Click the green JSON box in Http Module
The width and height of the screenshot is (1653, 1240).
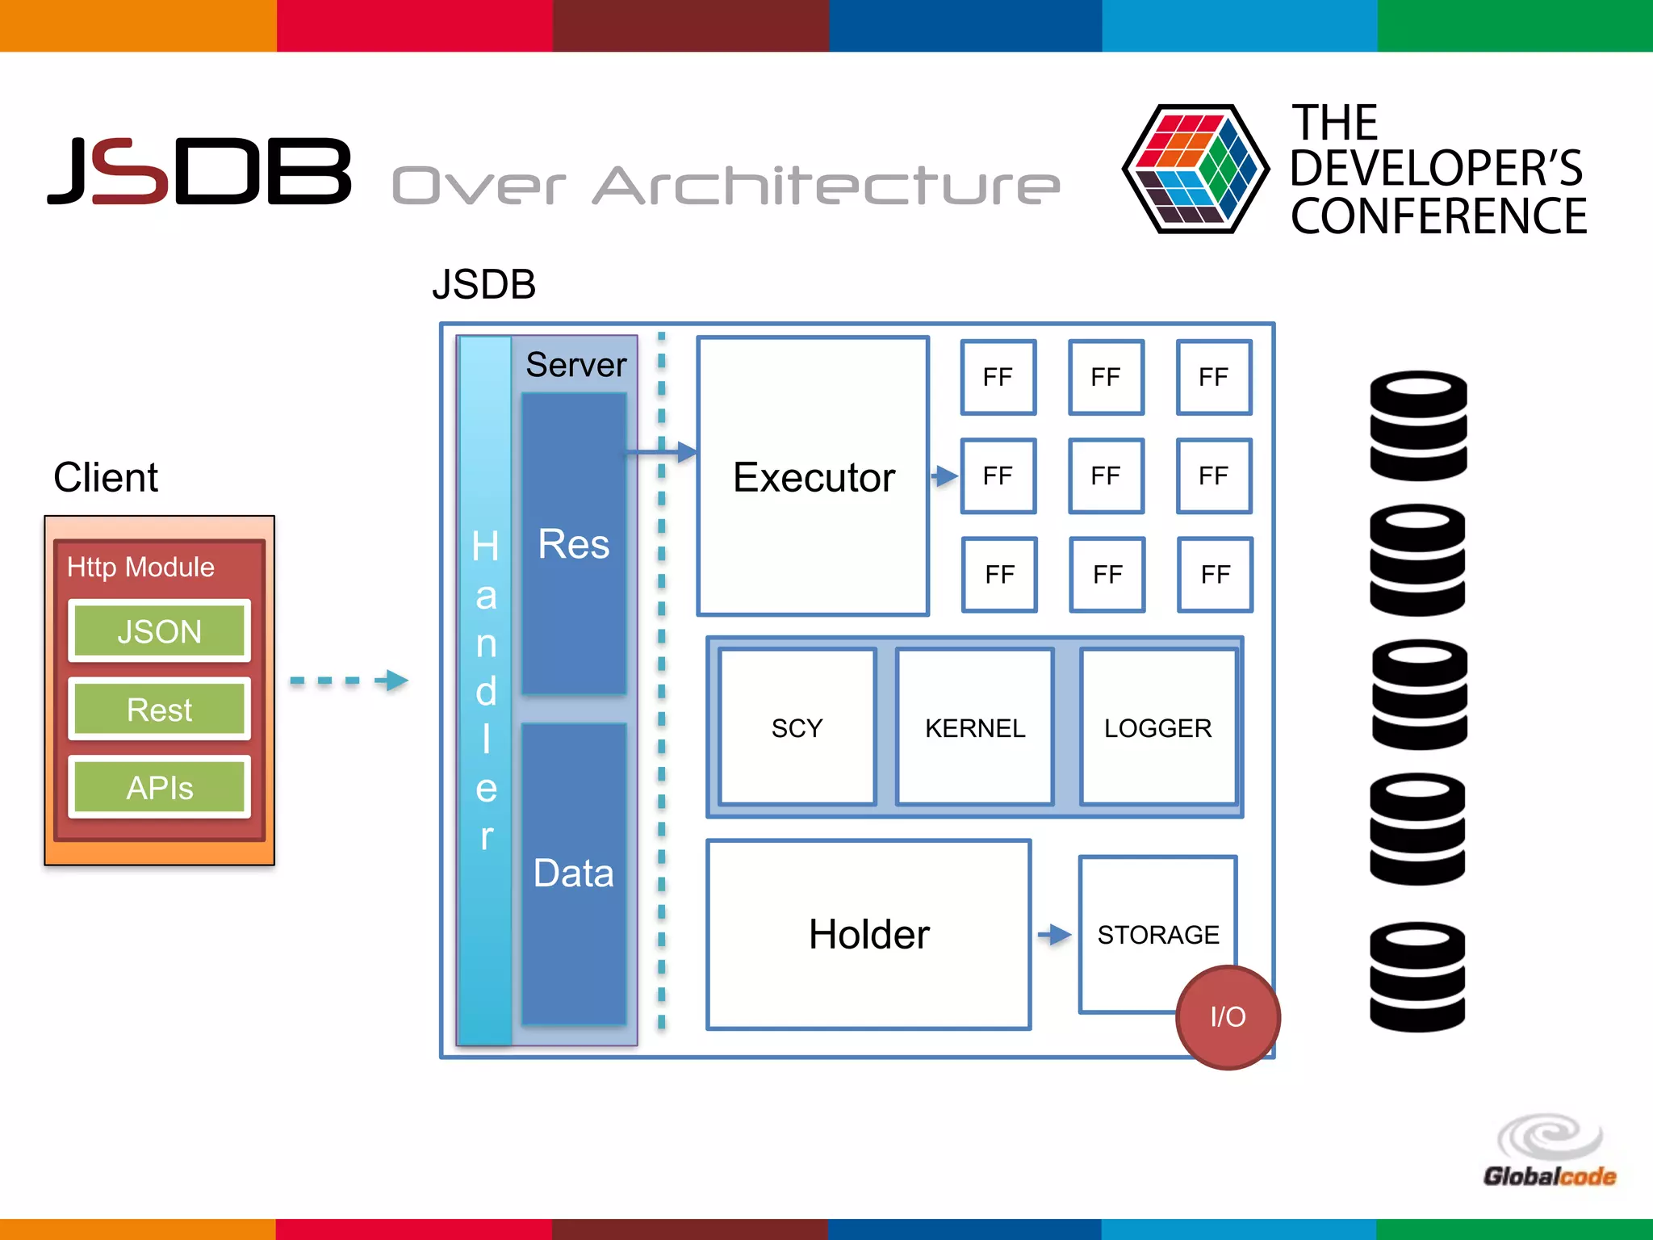pos(159,631)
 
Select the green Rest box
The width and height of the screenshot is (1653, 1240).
pos(159,710)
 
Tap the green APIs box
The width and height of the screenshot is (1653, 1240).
pos(159,787)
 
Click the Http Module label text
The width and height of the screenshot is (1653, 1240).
pos(140,567)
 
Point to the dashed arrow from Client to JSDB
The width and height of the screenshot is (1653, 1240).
pos(349,681)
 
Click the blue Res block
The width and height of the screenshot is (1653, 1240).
pos(574,543)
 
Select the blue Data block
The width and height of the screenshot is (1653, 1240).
pos(574,873)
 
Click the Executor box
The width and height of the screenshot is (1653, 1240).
pos(813,476)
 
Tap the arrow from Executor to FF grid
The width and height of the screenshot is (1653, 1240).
pos(944,475)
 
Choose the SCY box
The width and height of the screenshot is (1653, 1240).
pos(797,727)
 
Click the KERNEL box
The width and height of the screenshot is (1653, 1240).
pos(974,727)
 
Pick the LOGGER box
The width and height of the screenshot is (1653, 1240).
pos(1157,727)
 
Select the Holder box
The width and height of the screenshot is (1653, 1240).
pos(868,934)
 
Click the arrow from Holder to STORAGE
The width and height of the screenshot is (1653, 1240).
pos(1054,935)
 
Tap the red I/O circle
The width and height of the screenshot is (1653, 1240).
pos(1228,1017)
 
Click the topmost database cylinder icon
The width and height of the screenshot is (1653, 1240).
pos(1418,425)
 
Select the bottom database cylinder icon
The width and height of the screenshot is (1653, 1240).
pos(1417,977)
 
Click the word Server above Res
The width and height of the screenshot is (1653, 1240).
pos(575,365)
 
